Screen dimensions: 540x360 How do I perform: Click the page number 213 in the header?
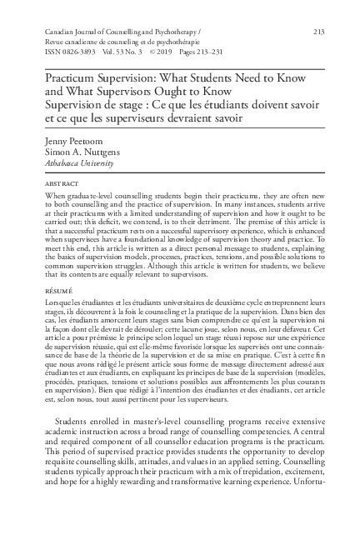tap(317, 31)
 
